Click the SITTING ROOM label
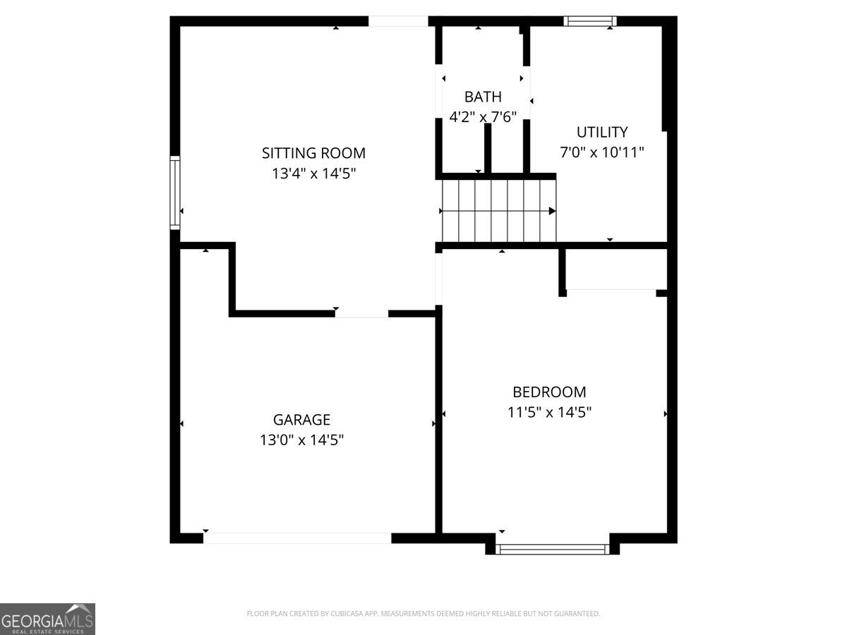313,153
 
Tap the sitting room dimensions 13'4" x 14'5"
313,173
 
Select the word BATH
483,97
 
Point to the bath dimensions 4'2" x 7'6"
483,117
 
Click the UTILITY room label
601,132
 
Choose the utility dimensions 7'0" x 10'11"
601,152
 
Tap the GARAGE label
301,420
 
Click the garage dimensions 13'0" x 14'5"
301,440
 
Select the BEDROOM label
549,392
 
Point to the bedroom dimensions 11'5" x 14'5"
549,412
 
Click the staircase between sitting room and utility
498,210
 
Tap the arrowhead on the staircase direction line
552,211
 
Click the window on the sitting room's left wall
174,193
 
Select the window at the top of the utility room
590,21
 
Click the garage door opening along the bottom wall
297,538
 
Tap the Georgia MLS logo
47,619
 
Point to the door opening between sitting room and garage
361,313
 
